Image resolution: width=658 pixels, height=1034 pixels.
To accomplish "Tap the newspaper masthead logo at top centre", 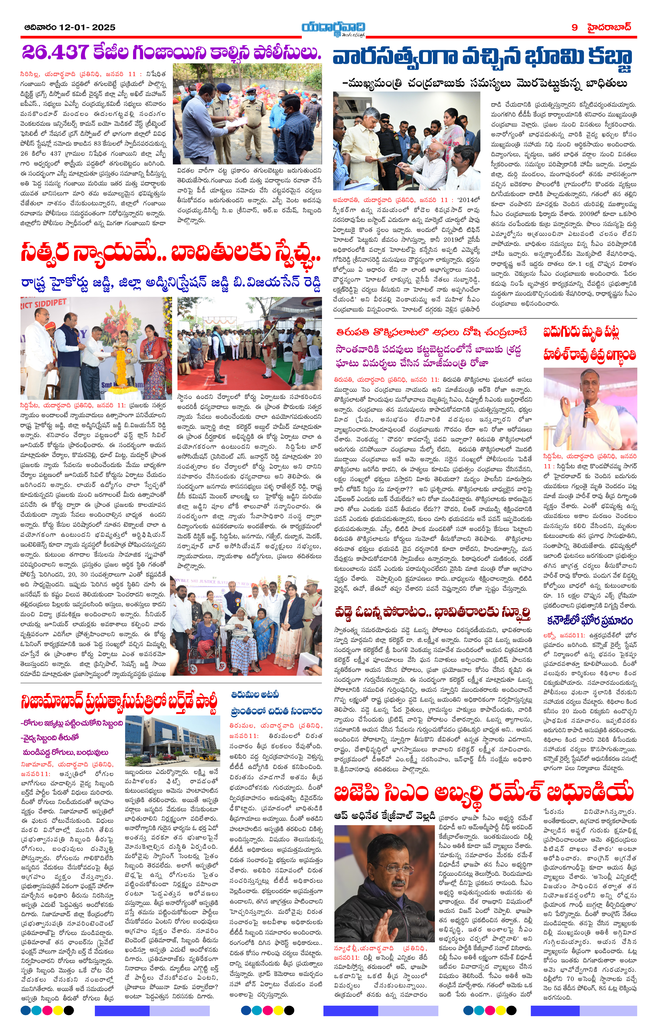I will pyautogui.click(x=333, y=28).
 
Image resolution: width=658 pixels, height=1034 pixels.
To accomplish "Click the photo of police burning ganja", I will pyautogui.click(x=247, y=114).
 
